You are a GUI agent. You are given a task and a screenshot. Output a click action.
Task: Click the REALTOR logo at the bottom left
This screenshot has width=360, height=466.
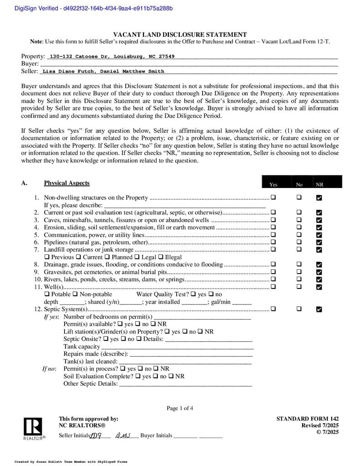tap(33, 429)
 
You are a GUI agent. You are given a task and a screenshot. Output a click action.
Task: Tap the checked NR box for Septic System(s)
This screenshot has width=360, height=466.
tap(319, 309)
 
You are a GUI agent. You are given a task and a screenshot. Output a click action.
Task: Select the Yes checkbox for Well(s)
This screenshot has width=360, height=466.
tap(273, 286)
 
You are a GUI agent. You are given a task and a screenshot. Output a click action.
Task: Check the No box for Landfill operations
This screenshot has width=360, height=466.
tap(299, 249)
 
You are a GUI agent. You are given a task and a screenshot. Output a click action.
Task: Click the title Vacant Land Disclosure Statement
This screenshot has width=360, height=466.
tap(180, 35)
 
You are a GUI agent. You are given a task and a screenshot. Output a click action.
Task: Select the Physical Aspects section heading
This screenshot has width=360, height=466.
tap(66, 183)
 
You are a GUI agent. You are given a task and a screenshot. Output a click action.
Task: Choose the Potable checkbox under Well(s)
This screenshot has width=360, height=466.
tap(47, 294)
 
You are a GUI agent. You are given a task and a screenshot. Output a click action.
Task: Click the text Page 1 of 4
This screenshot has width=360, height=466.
tap(180, 408)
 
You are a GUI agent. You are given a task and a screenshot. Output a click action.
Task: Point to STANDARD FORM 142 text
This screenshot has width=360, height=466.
tap(307, 419)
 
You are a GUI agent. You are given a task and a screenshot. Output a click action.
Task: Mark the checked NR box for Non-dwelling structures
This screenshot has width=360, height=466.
tap(319, 198)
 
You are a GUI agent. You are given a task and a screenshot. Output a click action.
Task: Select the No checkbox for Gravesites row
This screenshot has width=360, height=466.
tap(299, 272)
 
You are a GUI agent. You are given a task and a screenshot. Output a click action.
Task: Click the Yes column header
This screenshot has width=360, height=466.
tap(273, 184)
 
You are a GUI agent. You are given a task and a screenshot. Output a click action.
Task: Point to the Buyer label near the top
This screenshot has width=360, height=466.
tap(30, 64)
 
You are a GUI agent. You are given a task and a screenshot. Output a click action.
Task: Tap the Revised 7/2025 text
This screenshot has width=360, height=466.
tap(320, 425)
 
